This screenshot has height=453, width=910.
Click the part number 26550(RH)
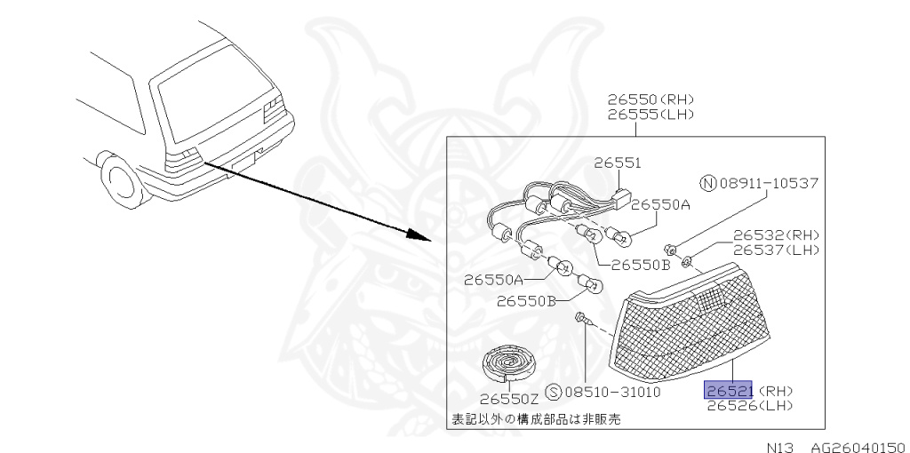[x=651, y=99]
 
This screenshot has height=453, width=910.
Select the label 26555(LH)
[x=651, y=115]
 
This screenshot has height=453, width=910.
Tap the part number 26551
[x=618, y=163]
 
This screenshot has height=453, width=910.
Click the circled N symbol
[x=707, y=184]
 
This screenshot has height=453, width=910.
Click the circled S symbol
[x=552, y=392]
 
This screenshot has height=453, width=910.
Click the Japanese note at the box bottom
[x=533, y=418]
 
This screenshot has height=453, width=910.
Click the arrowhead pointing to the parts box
[x=422, y=237]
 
